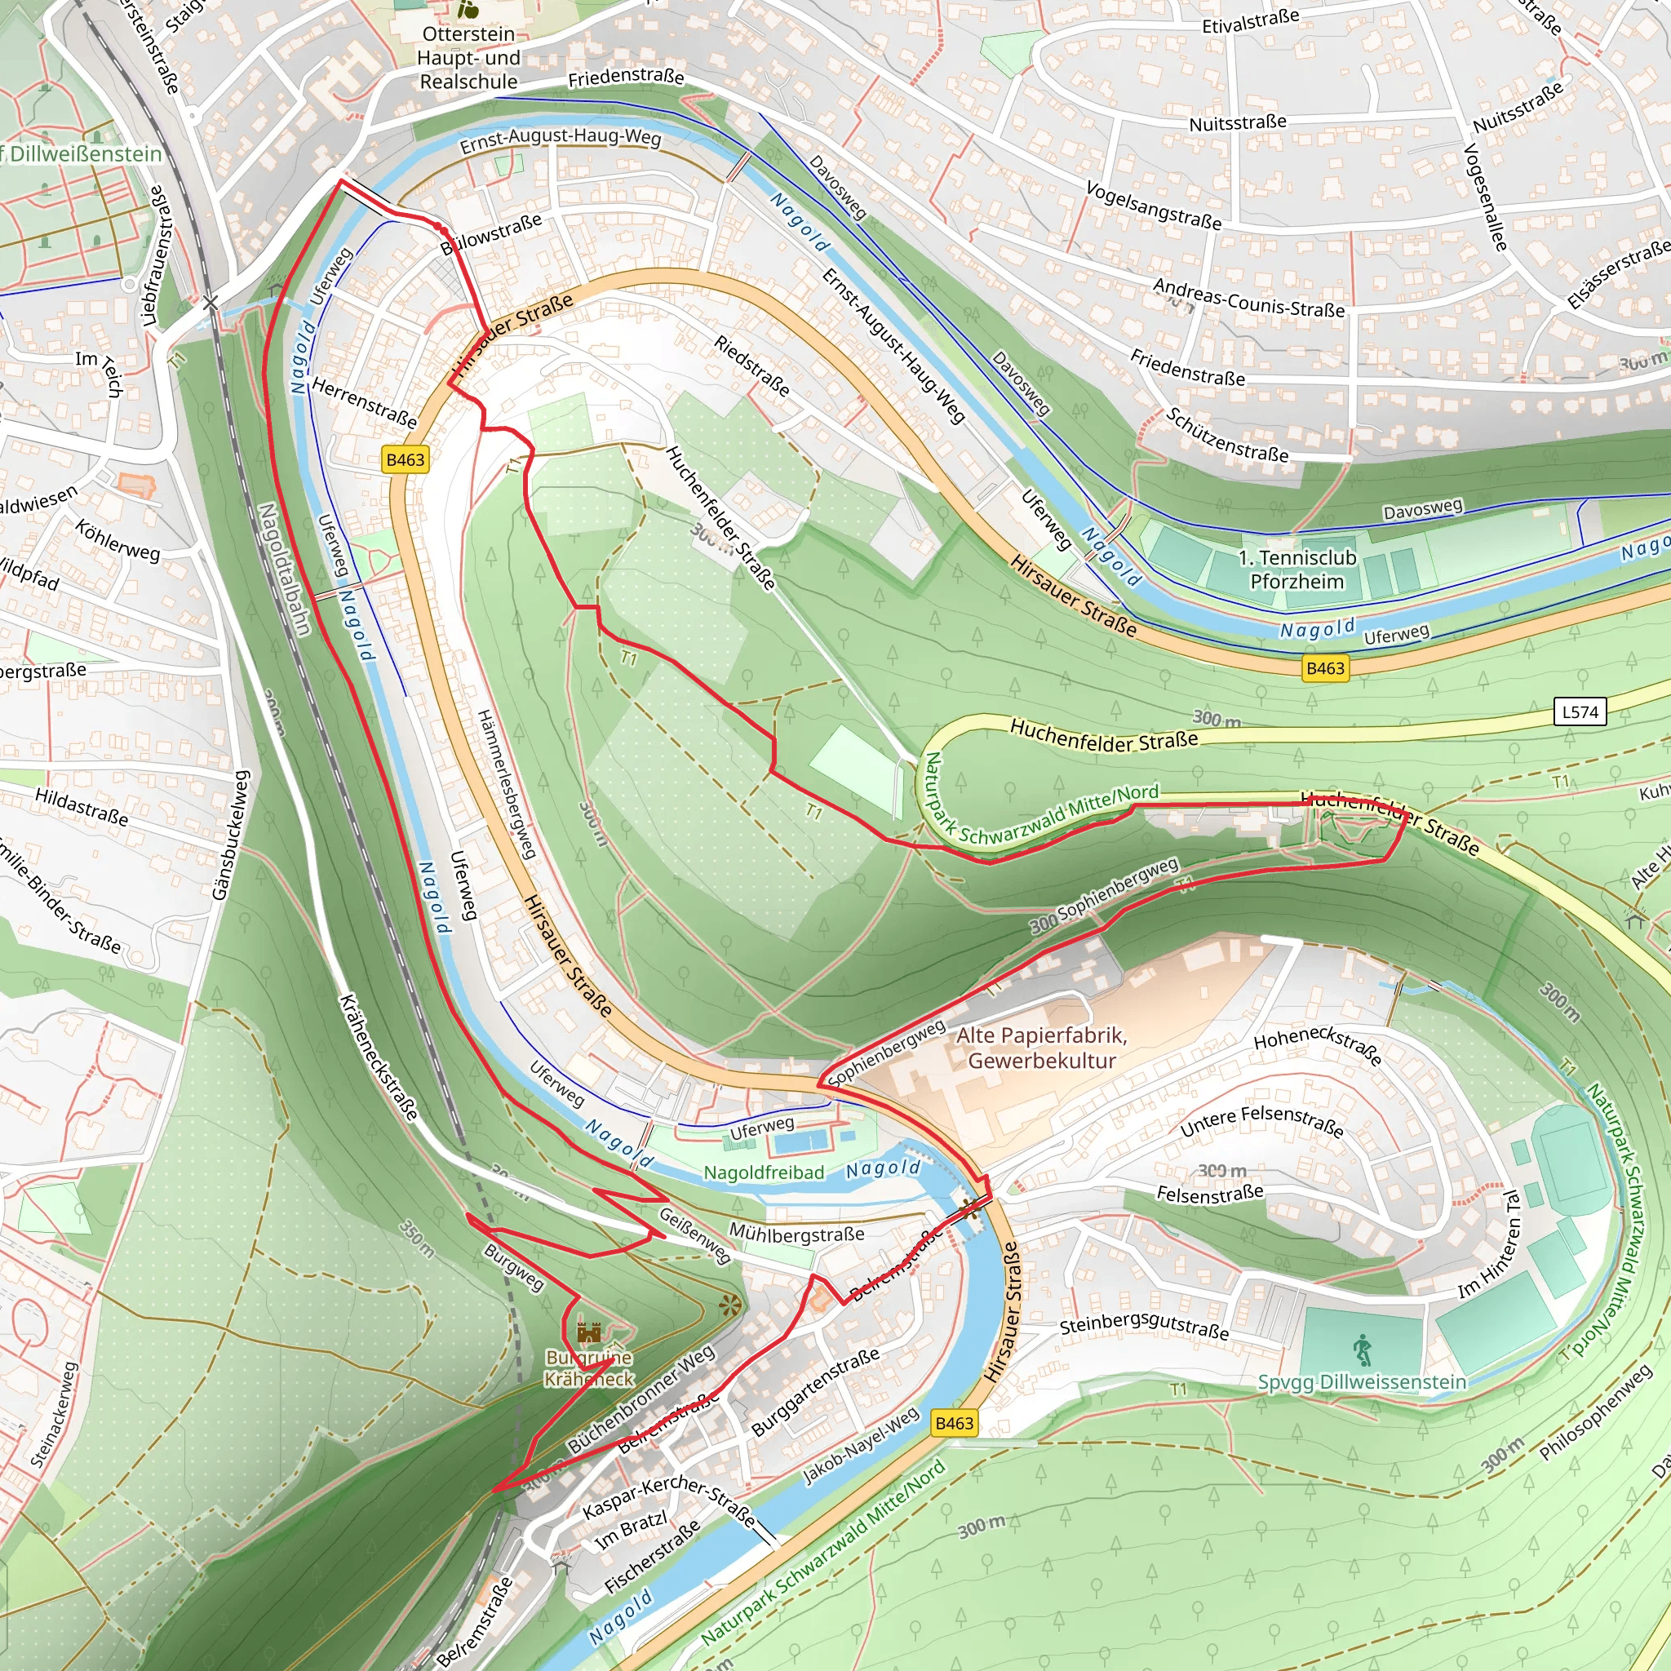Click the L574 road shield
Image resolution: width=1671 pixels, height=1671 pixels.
[x=1580, y=711]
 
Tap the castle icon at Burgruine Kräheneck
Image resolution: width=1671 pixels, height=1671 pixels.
[x=589, y=1331]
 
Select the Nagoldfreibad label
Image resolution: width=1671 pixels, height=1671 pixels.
[x=764, y=1172]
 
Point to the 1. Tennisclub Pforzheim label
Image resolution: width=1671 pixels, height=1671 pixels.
[x=1296, y=570]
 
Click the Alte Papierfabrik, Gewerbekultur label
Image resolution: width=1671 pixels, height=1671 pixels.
[x=1041, y=1048]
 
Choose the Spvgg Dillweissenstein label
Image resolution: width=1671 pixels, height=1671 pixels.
[x=1363, y=1381]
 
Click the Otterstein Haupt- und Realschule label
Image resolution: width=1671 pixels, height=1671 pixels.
[x=469, y=58]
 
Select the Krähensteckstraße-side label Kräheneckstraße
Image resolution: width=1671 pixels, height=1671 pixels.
[x=379, y=1057]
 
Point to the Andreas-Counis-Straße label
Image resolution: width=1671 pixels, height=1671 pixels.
[x=1248, y=298]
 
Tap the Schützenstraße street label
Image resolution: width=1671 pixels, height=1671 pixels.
[x=1226, y=435]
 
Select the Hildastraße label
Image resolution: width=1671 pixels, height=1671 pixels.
[x=82, y=806]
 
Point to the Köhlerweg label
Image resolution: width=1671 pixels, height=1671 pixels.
[x=117, y=541]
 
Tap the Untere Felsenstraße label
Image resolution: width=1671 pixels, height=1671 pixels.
[x=1262, y=1121]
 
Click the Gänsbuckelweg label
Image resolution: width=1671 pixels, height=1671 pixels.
[x=231, y=835]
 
